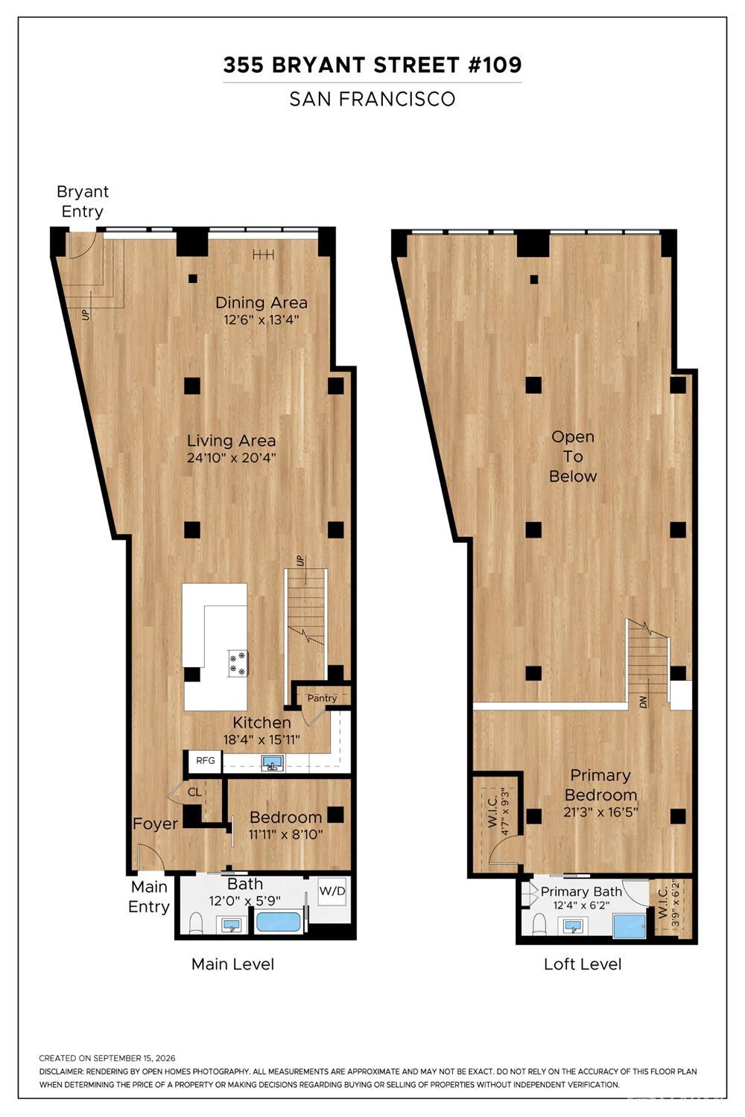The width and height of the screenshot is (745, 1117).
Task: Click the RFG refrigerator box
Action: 205,761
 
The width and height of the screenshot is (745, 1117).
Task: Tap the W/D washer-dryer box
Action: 332,891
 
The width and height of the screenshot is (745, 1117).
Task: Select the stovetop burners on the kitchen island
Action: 238,663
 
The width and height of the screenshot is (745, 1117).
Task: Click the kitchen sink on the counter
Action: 273,763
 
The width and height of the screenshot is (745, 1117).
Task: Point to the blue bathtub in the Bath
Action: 279,922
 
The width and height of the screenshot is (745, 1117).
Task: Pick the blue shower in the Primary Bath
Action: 630,925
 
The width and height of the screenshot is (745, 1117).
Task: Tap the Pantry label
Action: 322,698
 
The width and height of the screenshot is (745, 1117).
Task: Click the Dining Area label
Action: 261,302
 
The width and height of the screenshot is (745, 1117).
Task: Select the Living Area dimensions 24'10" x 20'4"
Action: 231,458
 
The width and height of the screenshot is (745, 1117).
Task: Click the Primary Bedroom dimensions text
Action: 600,812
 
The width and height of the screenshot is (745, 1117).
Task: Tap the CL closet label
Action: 194,792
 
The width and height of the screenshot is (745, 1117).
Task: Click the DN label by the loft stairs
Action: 644,702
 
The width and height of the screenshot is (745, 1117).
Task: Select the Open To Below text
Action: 573,456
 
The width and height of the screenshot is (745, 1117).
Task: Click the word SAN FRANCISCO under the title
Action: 372,99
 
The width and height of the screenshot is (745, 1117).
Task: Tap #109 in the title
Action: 494,66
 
